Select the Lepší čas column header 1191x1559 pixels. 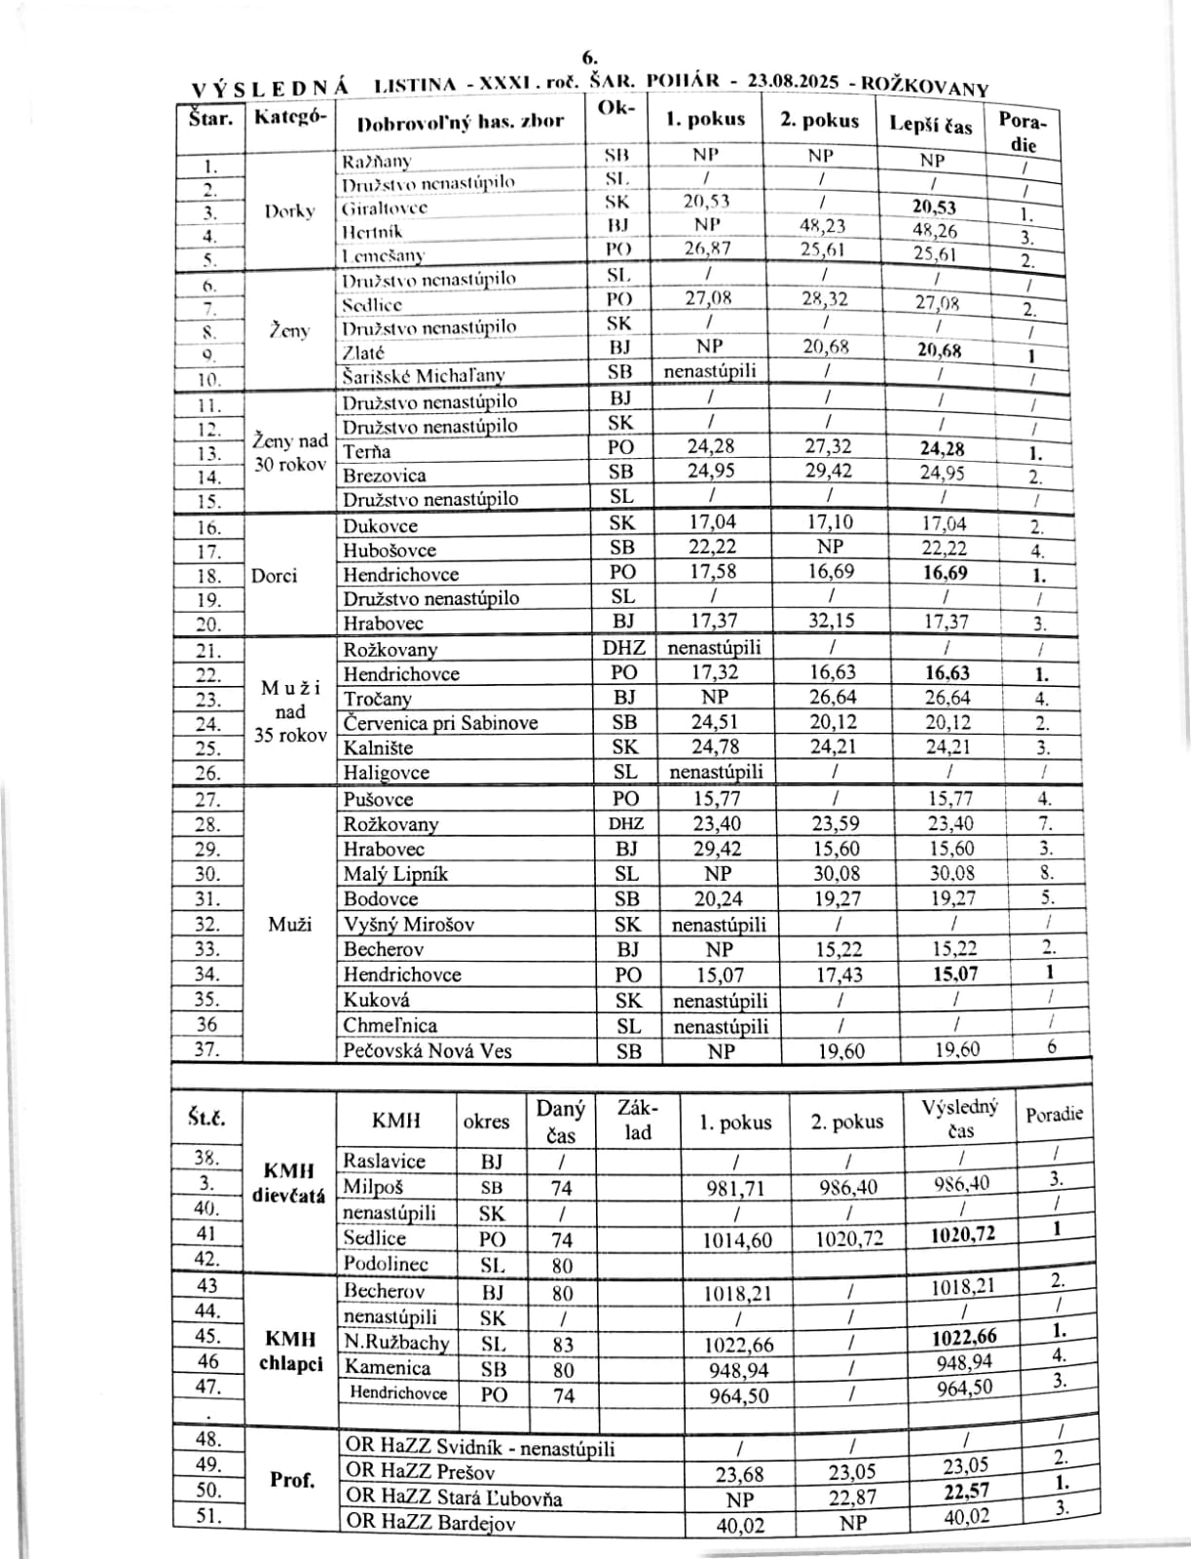tap(930, 124)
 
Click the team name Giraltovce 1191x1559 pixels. tap(385, 208)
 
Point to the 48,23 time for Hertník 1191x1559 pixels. tap(822, 226)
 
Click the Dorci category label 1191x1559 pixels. tap(274, 575)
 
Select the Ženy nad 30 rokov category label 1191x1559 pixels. tap(289, 453)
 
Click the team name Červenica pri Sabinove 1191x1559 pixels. tap(440, 723)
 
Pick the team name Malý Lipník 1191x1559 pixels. tap(395, 874)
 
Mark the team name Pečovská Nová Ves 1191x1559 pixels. tap(428, 1051)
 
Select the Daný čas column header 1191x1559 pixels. tap(561, 1122)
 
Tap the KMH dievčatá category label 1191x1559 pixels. tap(289, 1183)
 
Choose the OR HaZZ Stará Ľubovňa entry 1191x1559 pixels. tap(454, 1498)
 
